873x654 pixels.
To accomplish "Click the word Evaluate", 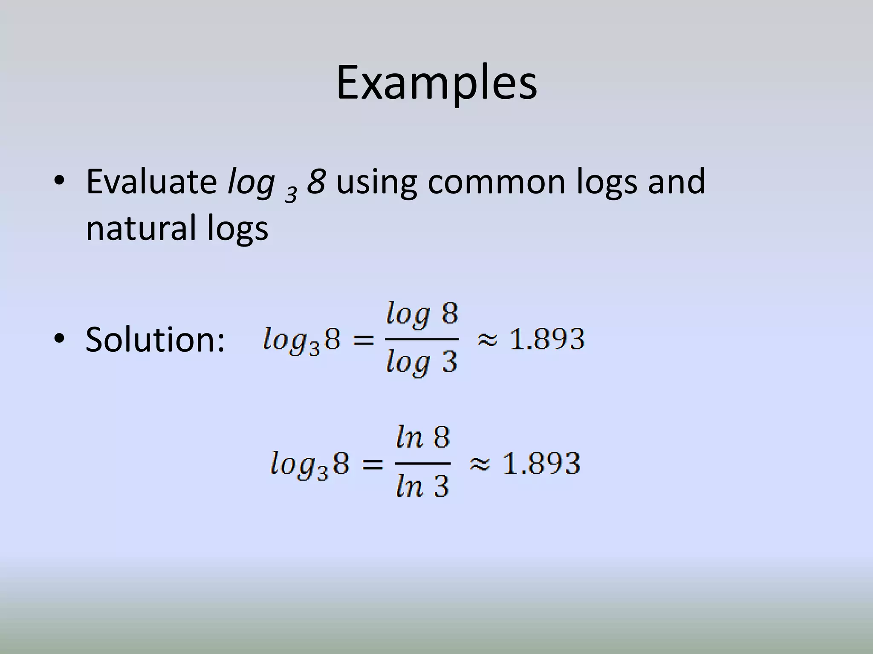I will tap(151, 182).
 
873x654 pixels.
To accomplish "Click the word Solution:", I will tap(155, 340).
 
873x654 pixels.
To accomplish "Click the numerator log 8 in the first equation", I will tap(422, 316).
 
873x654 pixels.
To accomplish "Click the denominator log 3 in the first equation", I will tap(422, 363).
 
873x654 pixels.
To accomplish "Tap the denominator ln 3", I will tap(423, 486).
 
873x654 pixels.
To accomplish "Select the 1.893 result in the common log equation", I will tap(547, 339).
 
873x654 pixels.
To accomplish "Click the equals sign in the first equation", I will tap(364, 340).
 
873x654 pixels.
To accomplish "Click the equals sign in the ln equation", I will tap(372, 464).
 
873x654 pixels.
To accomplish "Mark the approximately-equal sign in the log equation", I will tap(487, 340).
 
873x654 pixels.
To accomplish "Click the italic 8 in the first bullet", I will tap(317, 182).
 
